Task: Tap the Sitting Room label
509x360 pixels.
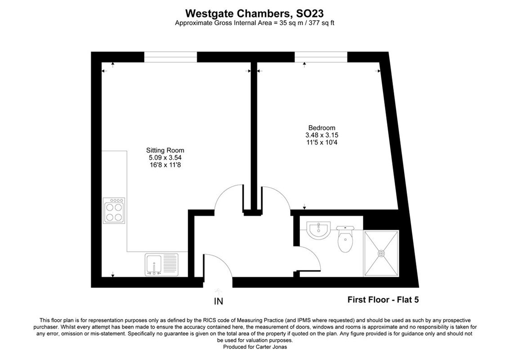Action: pos(165,150)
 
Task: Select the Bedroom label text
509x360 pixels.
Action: pos(321,128)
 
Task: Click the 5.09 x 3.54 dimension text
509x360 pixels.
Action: pos(165,157)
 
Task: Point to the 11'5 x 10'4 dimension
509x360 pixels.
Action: pos(321,142)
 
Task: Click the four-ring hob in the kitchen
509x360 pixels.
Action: pos(114,211)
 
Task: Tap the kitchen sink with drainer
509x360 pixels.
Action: pos(161,264)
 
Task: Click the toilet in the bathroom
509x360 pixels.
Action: pos(346,240)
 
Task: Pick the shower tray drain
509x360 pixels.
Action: pos(381,253)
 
